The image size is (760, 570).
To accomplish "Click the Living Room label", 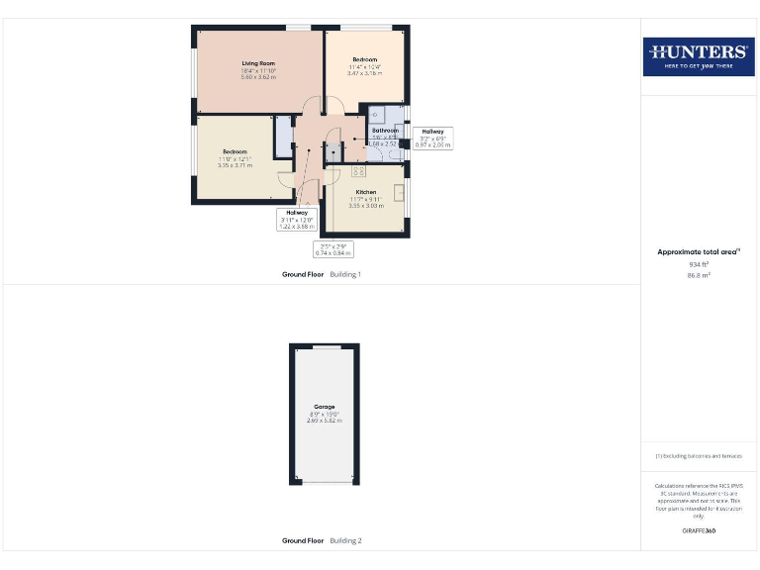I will pos(257,63).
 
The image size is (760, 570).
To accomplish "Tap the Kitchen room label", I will pos(366,191).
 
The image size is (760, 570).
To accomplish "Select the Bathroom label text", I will pos(385,131).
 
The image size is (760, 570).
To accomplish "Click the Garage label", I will pos(325,407).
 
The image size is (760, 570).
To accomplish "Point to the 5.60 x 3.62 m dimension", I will pos(257,77).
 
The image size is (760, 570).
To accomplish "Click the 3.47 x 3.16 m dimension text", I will pos(365,73).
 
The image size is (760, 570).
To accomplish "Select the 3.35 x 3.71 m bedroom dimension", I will pos(236,165).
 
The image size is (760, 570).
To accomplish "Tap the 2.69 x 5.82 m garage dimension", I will pos(325,421).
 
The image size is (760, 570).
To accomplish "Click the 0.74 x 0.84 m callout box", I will pos(333,249).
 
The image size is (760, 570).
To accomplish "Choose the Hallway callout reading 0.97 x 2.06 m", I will pos(432,139).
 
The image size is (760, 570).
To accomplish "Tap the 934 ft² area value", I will pos(699,264).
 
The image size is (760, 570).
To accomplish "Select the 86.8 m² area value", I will pos(699,275).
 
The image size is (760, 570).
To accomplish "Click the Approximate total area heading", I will pos(698,252).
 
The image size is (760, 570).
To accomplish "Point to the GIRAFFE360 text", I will pos(699,531).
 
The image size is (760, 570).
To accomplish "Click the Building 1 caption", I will pos(345,273).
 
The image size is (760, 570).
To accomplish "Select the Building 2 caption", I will pos(345,541).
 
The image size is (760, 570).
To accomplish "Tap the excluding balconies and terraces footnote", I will pos(699,455).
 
